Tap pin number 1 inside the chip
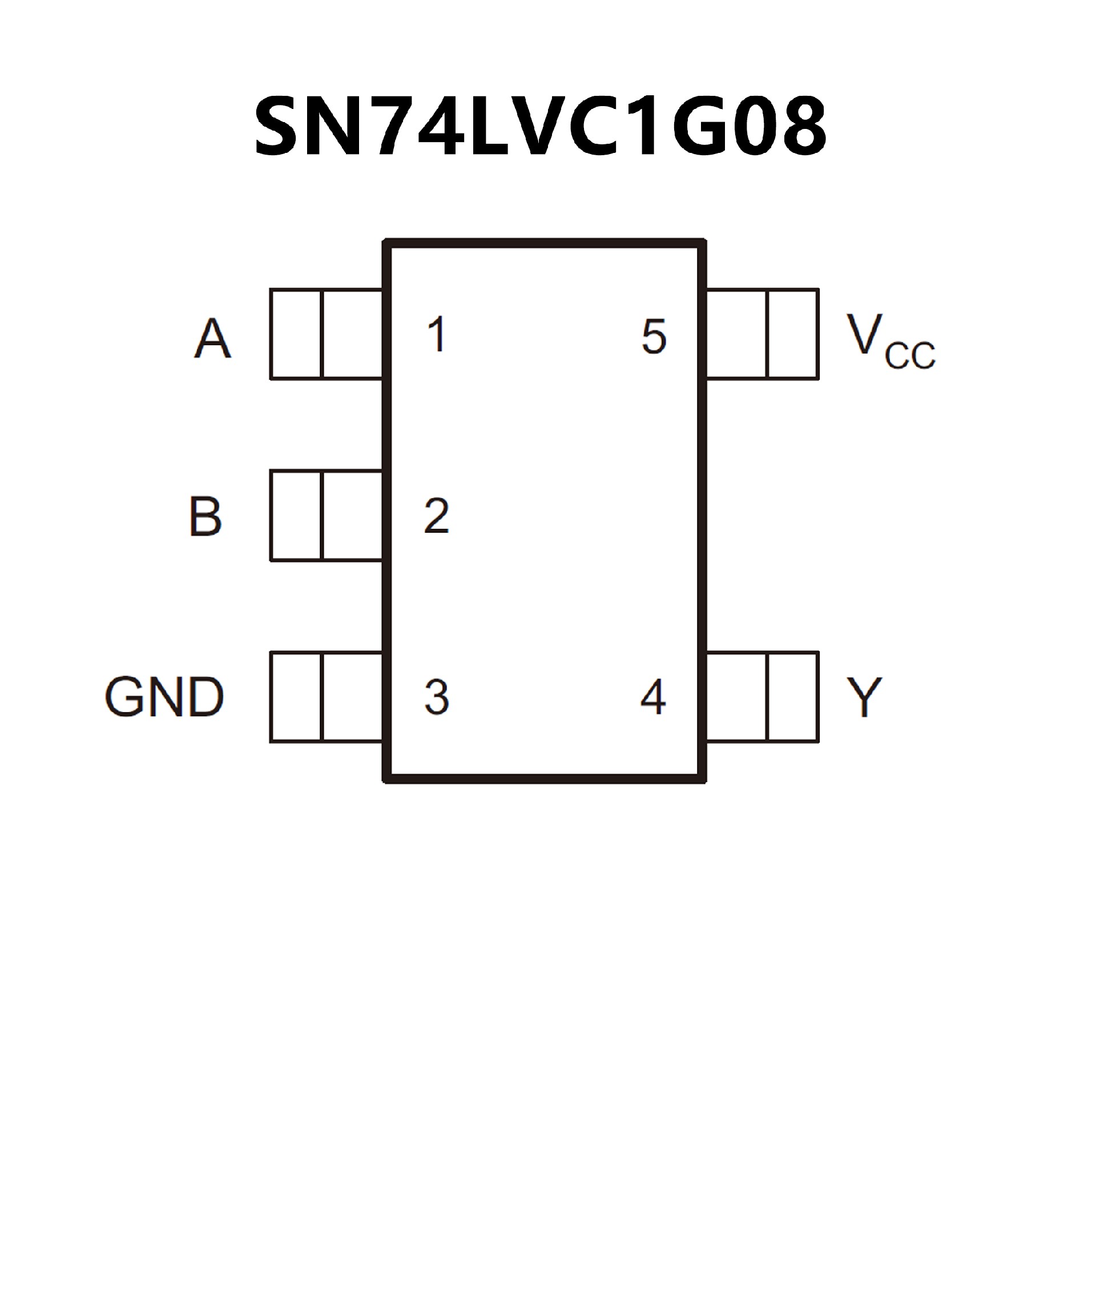coord(437,334)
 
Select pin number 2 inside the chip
coord(437,515)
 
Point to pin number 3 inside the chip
coord(437,697)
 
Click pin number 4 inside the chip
coord(653,697)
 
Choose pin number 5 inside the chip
coord(654,337)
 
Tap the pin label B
coord(205,516)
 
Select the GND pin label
coord(164,697)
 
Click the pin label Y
coord(864,697)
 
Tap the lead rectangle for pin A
coord(327,334)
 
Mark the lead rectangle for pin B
coord(327,515)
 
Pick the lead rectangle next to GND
coord(327,697)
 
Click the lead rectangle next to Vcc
coord(762,334)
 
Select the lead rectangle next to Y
coord(762,697)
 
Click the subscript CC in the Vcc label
coord(910,355)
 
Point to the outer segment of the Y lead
coord(793,697)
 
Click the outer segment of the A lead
coord(296,334)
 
